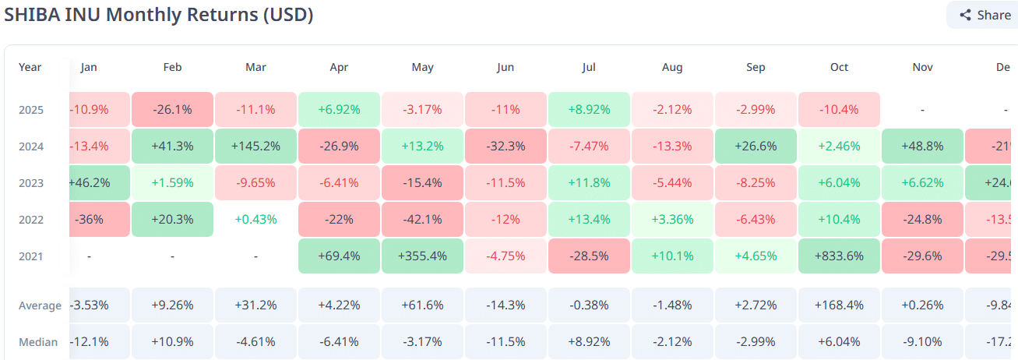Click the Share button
[x=985, y=15]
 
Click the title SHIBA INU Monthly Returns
[x=159, y=15]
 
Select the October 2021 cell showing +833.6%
[x=839, y=256]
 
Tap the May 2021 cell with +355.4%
[x=422, y=256]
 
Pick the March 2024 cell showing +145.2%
[x=255, y=146]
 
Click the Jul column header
[x=589, y=68]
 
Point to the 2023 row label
[x=31, y=183]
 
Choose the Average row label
[x=40, y=305]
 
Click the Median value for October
[x=839, y=342]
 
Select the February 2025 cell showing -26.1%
[x=172, y=110]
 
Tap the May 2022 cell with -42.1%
[x=422, y=220]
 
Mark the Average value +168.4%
[x=839, y=305]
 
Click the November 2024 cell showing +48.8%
[x=922, y=146]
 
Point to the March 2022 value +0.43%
[x=255, y=220]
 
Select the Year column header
[x=30, y=68]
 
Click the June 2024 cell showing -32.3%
[x=505, y=146]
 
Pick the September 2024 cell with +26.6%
[x=756, y=146]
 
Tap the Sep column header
[x=756, y=68]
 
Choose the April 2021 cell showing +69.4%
[x=339, y=256]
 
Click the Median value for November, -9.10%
[x=922, y=342]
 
